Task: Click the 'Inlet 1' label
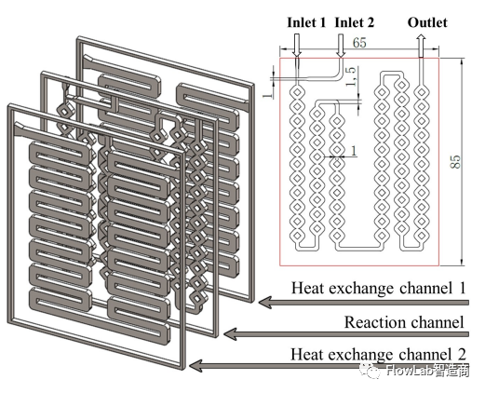[x=306, y=22]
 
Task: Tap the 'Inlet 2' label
[x=355, y=22]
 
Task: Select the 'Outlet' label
[x=427, y=22]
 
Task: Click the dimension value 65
[x=359, y=43]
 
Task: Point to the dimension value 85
[x=455, y=161]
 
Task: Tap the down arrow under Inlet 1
[x=297, y=46]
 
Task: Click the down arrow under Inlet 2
[x=341, y=46]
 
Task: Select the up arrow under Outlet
[x=421, y=46]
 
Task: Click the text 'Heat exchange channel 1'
[x=378, y=288]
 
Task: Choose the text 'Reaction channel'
[x=404, y=322]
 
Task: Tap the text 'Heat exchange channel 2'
[x=378, y=354]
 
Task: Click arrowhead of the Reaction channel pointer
[x=229, y=334]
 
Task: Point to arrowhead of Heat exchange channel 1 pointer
[x=264, y=302]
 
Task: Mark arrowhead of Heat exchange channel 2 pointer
[x=195, y=366]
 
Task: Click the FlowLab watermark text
[x=427, y=371]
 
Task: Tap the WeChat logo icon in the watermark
[x=371, y=371]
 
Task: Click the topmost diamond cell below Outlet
[x=421, y=92]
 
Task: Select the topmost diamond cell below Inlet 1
[x=297, y=92]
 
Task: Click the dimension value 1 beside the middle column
[x=354, y=151]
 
